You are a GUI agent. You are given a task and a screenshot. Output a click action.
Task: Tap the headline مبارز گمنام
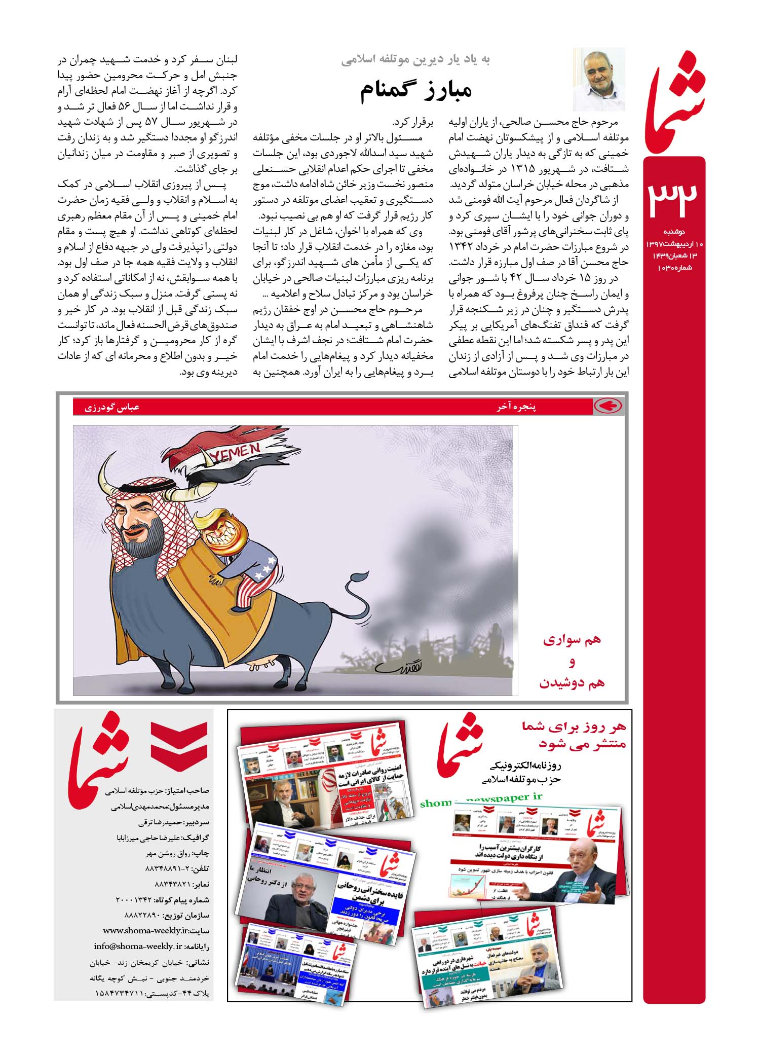[x=416, y=90]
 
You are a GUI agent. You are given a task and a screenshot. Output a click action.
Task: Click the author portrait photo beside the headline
[x=598, y=79]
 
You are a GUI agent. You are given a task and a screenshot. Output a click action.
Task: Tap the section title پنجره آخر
[x=516, y=407]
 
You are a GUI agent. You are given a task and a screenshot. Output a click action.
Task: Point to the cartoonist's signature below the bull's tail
[x=396, y=668]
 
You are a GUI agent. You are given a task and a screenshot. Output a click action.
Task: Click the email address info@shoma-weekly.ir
[x=138, y=947]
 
